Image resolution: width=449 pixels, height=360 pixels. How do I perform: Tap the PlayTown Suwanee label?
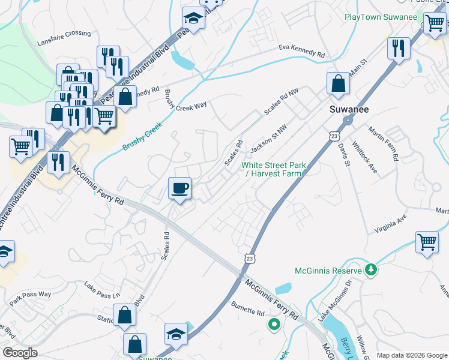[381, 17]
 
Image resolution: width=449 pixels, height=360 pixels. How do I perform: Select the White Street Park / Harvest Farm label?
[274, 169]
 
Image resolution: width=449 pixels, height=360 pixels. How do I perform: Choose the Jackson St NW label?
[268, 138]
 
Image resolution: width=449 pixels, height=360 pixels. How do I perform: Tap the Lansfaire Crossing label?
[64, 34]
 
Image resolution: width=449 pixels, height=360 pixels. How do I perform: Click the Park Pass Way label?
[30, 295]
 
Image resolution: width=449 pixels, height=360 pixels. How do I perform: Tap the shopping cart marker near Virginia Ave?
[427, 243]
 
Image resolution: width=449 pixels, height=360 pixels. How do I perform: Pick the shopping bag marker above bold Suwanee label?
[338, 84]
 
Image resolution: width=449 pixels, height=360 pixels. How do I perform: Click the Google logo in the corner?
[20, 353]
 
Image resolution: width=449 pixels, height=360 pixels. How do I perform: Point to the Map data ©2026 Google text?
[411, 355]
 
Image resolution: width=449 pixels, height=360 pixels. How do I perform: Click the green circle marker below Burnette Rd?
[274, 325]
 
